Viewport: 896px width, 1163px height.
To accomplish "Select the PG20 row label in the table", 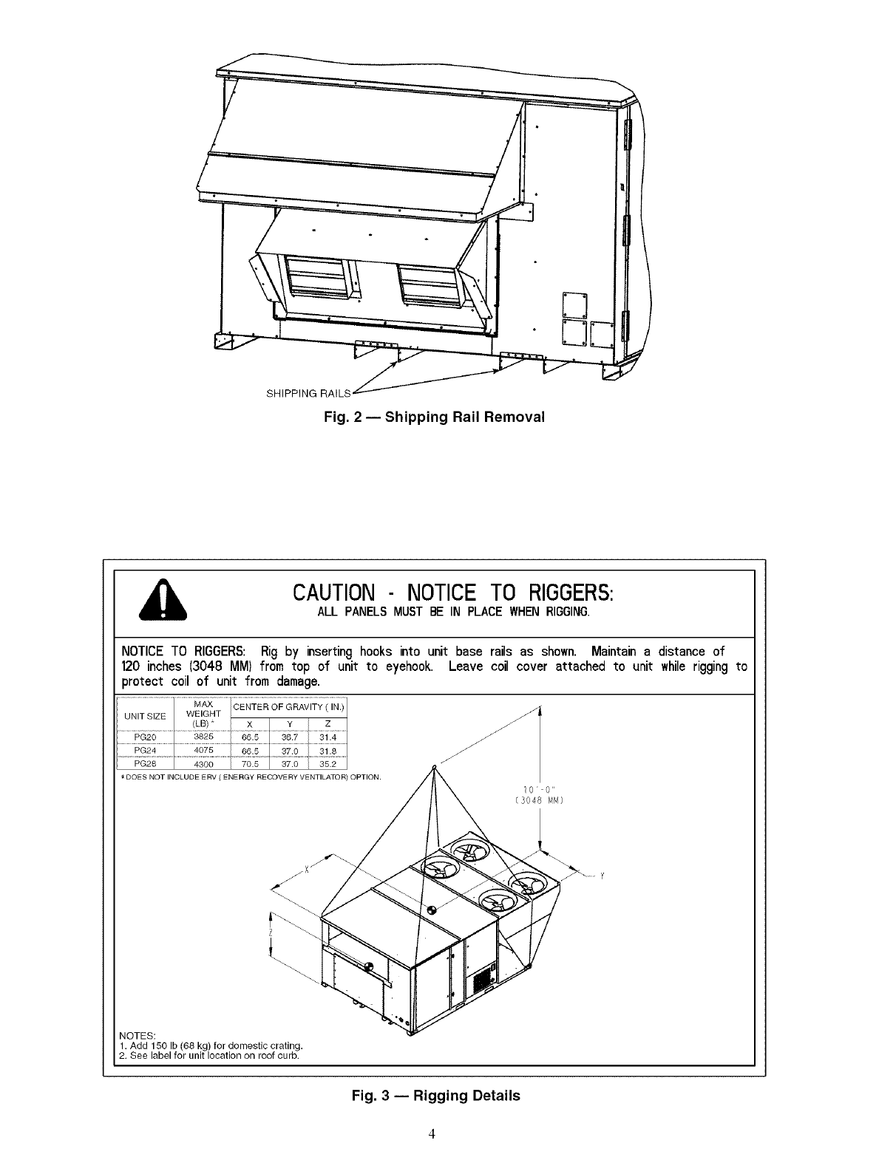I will coord(143,737).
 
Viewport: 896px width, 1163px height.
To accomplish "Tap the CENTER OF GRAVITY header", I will coord(288,707).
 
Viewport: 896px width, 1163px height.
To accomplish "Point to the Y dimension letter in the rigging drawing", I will coord(602,877).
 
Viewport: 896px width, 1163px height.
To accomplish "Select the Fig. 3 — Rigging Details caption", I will coord(435,1096).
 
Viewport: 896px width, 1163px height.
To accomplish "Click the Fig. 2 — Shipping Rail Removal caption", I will coord(434,417).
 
